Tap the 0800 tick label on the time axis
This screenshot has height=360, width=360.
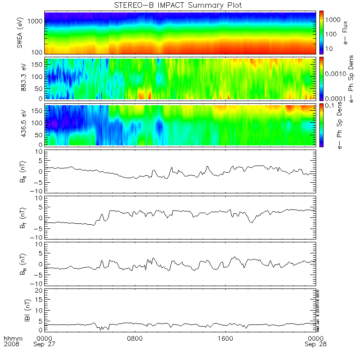[135, 338]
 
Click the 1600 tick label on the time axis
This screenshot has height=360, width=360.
[226, 338]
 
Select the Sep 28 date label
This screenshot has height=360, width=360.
[316, 344]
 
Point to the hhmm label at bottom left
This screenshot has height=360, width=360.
[12, 338]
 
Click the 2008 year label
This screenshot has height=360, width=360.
[11, 344]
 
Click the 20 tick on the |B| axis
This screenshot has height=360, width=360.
[40, 290]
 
